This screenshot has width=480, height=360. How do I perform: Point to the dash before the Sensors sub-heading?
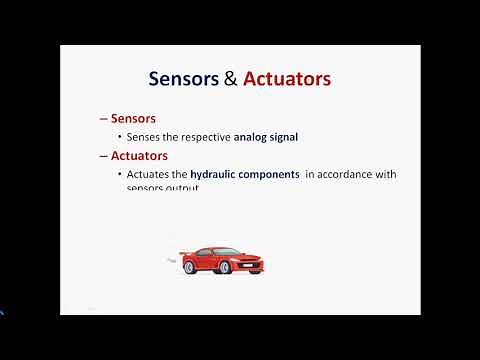pyautogui.click(x=103, y=118)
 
